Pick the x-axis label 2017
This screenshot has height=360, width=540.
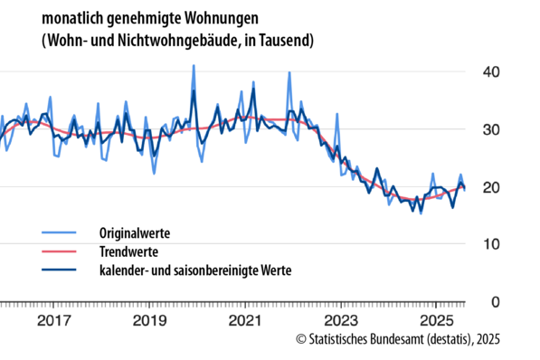[x=54, y=321]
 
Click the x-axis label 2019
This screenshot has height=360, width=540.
[x=149, y=321]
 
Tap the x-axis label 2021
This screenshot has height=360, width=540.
[x=245, y=321]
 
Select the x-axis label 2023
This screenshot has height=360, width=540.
[x=340, y=321]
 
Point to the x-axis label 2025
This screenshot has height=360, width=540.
[x=436, y=321]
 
